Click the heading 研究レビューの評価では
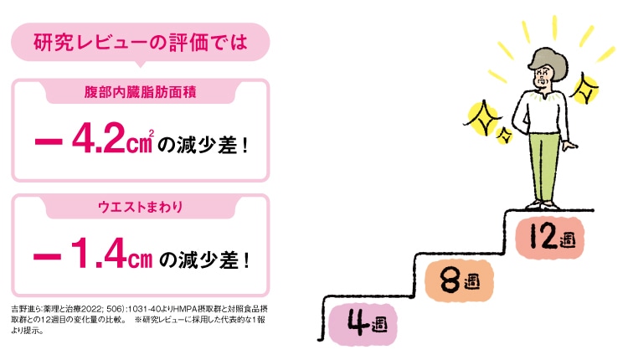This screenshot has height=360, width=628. point(140,43)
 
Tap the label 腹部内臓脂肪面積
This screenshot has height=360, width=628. point(140,92)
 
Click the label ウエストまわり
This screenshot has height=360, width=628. point(140,207)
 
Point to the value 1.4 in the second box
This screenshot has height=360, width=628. point(100,253)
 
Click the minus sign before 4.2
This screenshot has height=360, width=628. point(49,141)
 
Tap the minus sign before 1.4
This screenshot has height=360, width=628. point(47,256)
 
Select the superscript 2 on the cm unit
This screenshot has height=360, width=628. point(151,133)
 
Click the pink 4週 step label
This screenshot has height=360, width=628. point(363,324)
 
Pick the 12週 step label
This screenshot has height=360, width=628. point(549,237)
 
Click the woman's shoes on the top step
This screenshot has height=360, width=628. point(543,205)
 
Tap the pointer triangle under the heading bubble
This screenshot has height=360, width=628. point(140,64)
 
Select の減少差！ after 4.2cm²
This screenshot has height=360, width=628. point(203,145)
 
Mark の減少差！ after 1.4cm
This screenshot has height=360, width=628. point(204,260)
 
